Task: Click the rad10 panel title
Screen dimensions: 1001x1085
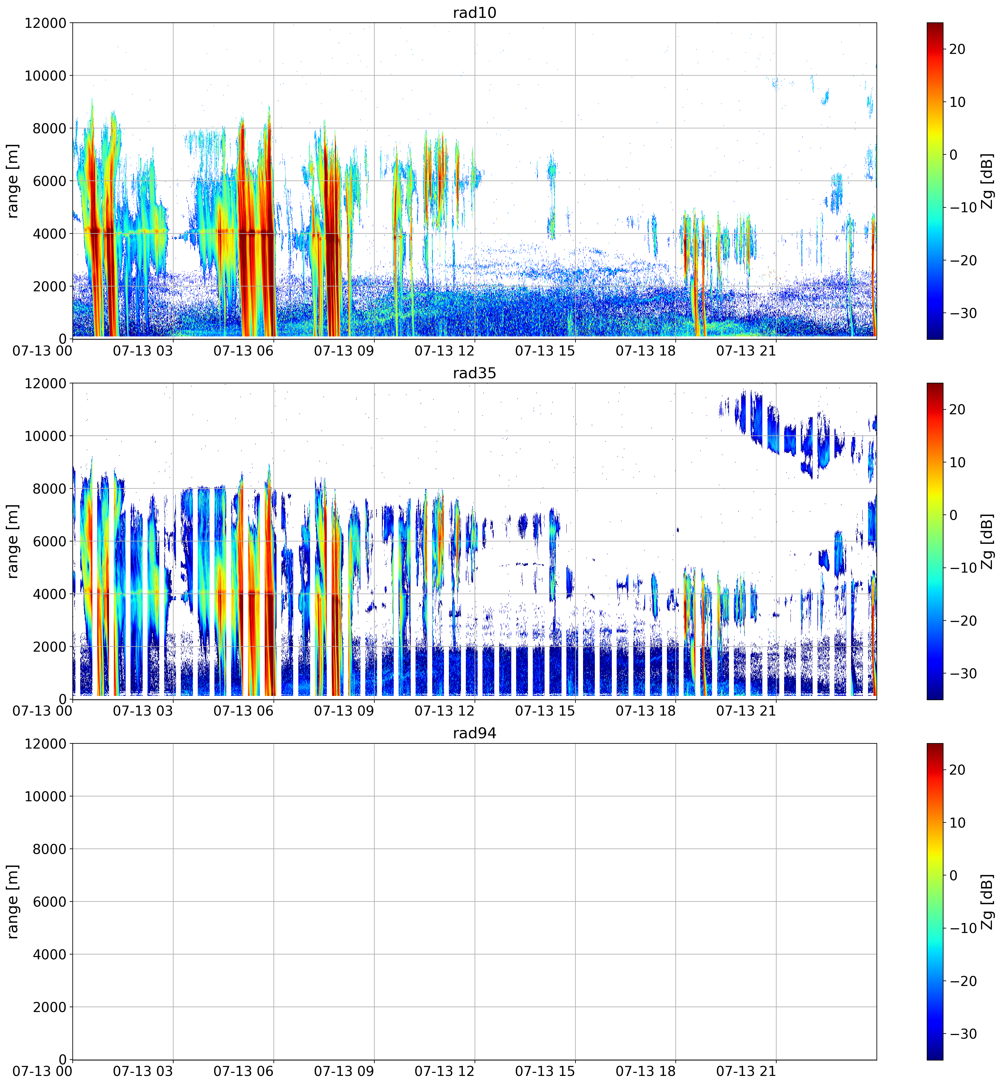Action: point(475,12)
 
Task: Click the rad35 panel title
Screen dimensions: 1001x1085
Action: point(475,373)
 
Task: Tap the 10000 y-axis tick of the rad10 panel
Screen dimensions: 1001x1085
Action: point(45,76)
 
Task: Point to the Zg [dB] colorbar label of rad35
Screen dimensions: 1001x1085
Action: point(987,541)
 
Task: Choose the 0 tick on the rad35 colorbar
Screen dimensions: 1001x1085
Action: point(953,514)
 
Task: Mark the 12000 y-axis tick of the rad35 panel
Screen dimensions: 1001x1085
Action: point(45,383)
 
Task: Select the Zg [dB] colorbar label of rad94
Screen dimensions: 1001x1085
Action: point(987,901)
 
